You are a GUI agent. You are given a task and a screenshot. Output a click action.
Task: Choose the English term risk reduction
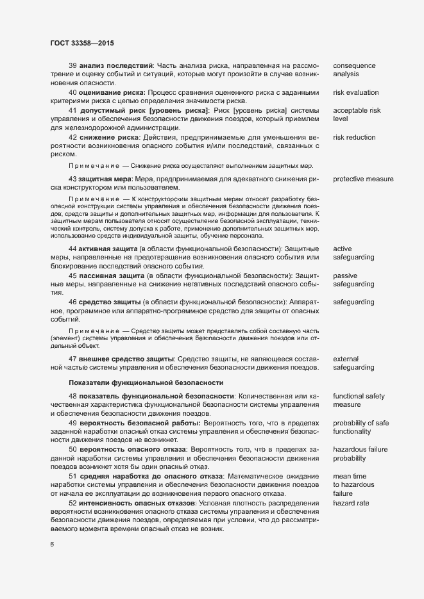(355, 137)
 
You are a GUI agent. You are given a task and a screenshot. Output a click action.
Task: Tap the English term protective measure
(363, 179)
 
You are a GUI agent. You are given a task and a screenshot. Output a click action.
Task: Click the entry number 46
(72, 301)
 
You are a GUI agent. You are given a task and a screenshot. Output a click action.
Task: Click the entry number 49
(72, 423)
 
